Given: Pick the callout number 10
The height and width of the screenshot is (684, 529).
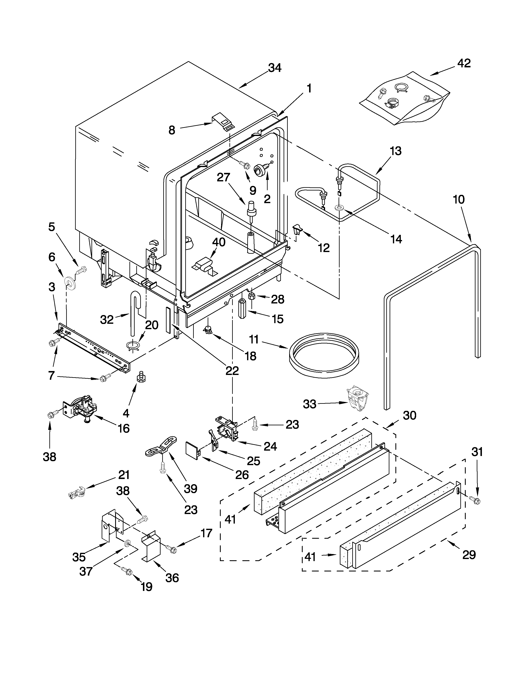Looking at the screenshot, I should (459, 199).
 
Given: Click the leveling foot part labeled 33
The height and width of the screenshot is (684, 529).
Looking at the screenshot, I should (357, 398).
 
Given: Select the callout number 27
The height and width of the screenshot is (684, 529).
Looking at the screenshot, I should (223, 177).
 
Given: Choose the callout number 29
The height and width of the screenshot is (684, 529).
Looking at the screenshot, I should (469, 555).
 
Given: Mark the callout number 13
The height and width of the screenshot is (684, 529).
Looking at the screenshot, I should (396, 151).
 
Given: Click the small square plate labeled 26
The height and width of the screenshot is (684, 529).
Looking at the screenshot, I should (192, 450).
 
